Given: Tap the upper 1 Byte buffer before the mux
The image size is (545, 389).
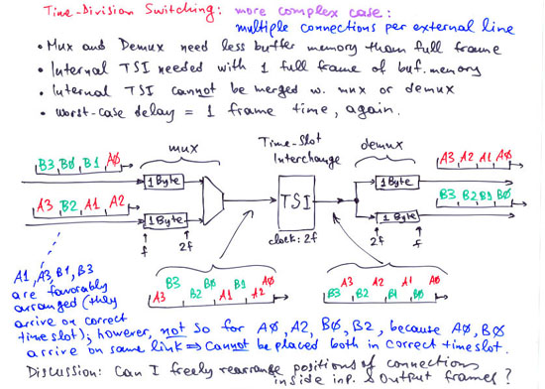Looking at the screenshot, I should [x=163, y=182].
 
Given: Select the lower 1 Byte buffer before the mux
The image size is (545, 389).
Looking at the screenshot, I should [x=164, y=220].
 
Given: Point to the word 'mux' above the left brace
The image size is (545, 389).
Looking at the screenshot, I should [x=183, y=150].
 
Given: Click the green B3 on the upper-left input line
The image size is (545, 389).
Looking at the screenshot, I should [x=47, y=165].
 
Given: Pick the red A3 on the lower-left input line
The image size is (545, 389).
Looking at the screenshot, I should [x=45, y=205].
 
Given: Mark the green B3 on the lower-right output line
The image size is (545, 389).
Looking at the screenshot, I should [x=447, y=194].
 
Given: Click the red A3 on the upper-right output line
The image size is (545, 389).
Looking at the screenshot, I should [x=448, y=157].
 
